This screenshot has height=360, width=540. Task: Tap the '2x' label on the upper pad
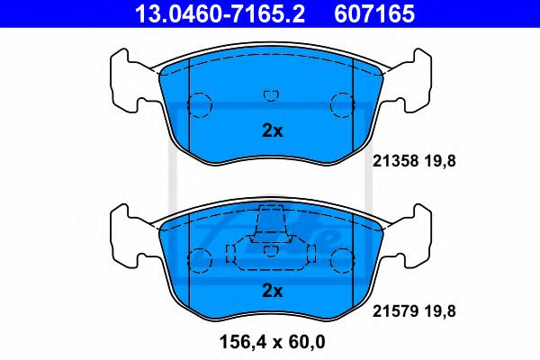click(272, 130)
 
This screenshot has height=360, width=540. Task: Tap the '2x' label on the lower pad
click(272, 291)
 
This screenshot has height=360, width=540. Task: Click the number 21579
click(391, 310)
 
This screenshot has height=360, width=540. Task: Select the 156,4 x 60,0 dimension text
click(271, 341)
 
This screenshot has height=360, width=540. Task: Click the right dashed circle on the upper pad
click(342, 105)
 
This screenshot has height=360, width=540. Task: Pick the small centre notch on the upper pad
click(270, 94)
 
